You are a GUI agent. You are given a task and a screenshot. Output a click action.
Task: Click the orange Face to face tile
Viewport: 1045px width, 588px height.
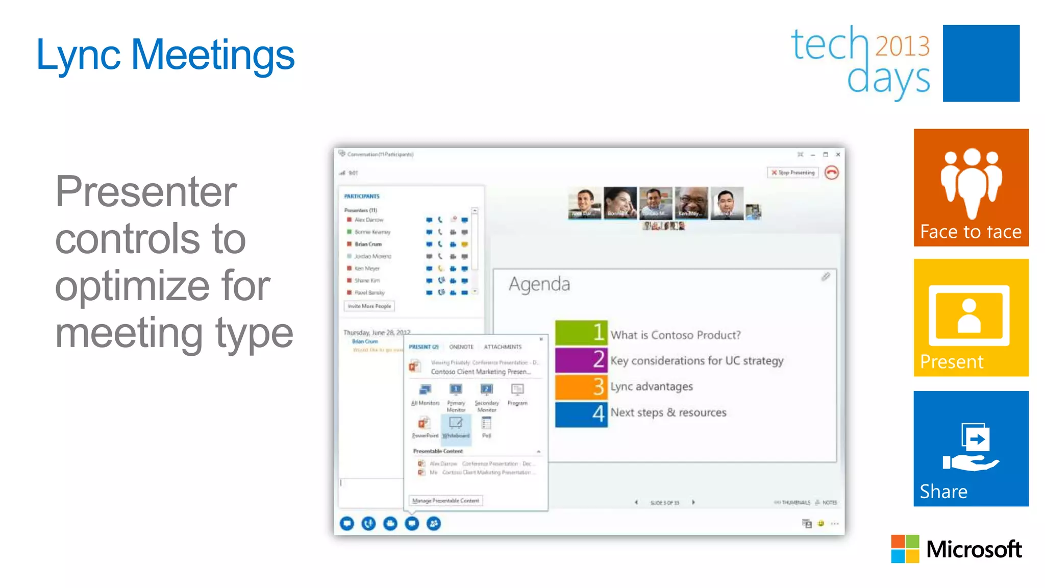click(x=971, y=187)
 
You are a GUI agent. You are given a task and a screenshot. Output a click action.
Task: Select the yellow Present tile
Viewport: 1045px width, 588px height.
click(x=971, y=317)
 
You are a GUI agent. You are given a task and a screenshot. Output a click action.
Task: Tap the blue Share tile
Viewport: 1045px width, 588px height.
click(x=971, y=448)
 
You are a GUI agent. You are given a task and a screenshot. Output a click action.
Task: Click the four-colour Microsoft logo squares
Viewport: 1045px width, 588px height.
click(x=905, y=549)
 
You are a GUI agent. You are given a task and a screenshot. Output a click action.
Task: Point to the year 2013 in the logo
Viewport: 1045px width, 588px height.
click(x=902, y=46)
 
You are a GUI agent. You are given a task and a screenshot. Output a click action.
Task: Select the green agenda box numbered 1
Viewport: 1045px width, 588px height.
click(x=581, y=333)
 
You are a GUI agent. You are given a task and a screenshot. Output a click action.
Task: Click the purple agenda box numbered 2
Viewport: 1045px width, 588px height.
click(x=581, y=360)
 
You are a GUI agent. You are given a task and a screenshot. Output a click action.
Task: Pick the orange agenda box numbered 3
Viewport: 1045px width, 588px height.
click(x=581, y=387)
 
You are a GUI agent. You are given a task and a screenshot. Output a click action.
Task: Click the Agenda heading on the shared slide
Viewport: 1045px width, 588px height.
click(x=539, y=284)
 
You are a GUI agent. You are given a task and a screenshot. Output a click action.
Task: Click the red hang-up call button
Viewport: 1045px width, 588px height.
click(x=831, y=173)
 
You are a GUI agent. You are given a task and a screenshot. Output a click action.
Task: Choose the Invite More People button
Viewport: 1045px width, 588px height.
click(x=369, y=306)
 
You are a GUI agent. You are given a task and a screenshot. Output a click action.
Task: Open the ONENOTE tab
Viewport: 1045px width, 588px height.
click(x=461, y=347)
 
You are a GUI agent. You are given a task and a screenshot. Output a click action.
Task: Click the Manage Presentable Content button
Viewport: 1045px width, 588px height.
click(x=445, y=501)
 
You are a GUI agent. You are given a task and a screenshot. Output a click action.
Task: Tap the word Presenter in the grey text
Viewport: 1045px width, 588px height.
click(x=146, y=192)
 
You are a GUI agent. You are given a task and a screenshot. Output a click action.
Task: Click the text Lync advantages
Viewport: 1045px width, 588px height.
click(x=652, y=387)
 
